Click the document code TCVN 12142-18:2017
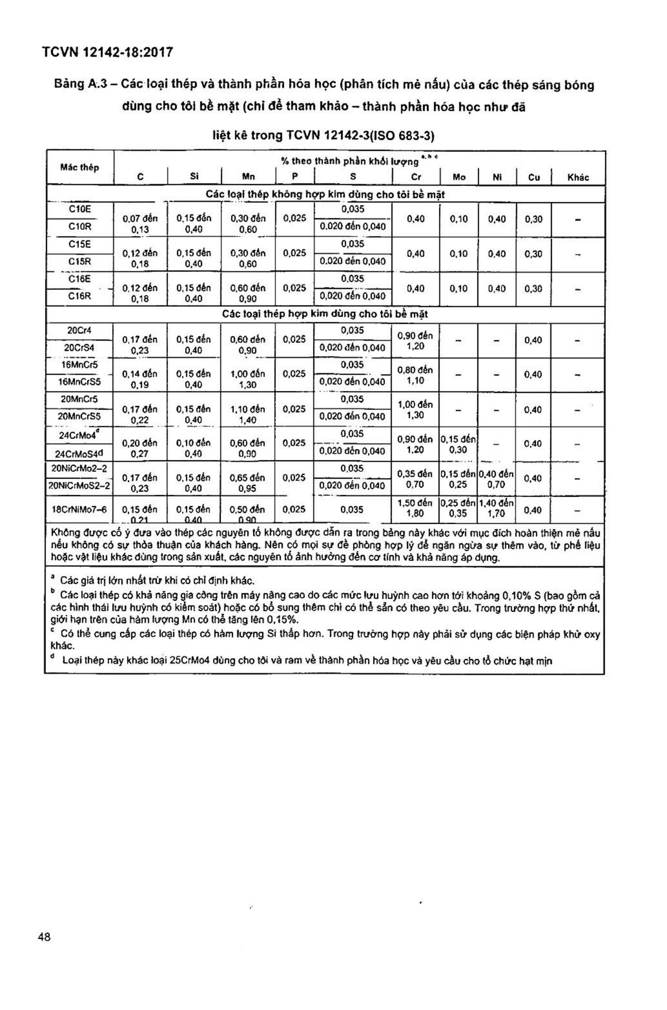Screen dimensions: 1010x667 click(107, 52)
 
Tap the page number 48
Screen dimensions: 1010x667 click(44, 937)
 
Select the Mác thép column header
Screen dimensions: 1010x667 click(80, 167)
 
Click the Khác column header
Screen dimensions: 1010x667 click(578, 177)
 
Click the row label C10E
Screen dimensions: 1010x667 click(80, 209)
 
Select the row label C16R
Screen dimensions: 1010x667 click(80, 296)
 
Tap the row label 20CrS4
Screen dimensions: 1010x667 click(80, 347)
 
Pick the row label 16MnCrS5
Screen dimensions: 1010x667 click(80, 382)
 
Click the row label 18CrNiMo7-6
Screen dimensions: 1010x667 click(80, 510)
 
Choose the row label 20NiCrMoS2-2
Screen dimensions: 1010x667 click(80, 485)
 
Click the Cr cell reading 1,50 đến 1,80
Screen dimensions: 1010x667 click(415, 508)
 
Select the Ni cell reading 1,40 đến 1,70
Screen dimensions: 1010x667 click(497, 508)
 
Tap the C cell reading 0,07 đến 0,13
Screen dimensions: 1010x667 click(140, 224)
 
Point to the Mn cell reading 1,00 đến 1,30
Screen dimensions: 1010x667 click(248, 379)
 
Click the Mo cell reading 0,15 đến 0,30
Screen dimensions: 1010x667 click(458, 444)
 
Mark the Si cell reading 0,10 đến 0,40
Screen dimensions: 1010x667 click(194, 448)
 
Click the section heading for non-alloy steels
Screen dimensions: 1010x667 click(325, 195)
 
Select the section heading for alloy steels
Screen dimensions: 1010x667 click(325, 314)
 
